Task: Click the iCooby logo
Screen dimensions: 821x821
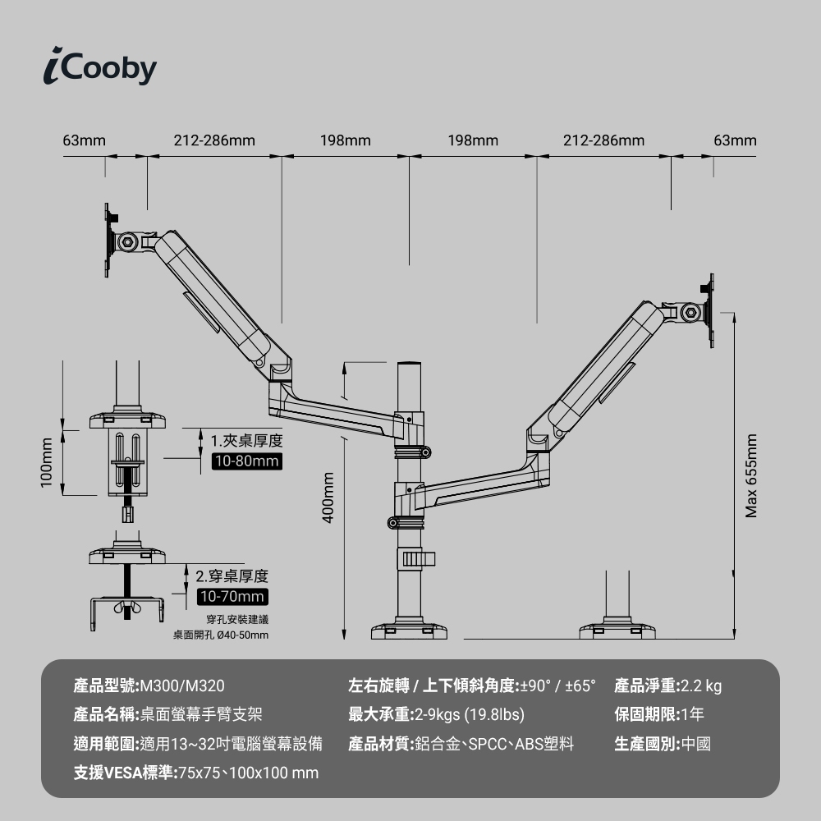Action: click(x=100, y=67)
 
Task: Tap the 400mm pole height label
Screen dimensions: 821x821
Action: click(x=328, y=498)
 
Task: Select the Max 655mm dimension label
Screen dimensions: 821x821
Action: click(x=751, y=476)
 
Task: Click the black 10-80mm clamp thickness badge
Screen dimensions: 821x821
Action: click(x=246, y=461)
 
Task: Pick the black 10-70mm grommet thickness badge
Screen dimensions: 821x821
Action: click(x=232, y=597)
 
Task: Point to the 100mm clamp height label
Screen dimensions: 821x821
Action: click(x=47, y=462)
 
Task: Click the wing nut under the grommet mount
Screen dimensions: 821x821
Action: click(x=126, y=608)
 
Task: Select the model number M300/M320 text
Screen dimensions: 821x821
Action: click(x=182, y=686)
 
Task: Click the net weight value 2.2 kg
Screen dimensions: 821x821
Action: click(x=700, y=686)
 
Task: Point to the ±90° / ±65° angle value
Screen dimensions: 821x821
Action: click(x=557, y=686)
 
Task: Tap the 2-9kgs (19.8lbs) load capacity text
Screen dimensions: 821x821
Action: click(x=469, y=714)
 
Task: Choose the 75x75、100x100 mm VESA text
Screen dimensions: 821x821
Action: click(x=249, y=773)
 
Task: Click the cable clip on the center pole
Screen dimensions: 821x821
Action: click(x=416, y=558)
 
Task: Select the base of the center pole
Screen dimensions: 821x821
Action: click(x=409, y=630)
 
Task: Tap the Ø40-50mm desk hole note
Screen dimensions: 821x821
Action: click(x=242, y=635)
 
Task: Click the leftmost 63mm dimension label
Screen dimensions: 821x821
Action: click(x=85, y=140)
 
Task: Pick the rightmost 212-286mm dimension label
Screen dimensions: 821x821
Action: click(x=603, y=140)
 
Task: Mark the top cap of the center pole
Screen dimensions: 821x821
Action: click(x=410, y=363)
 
